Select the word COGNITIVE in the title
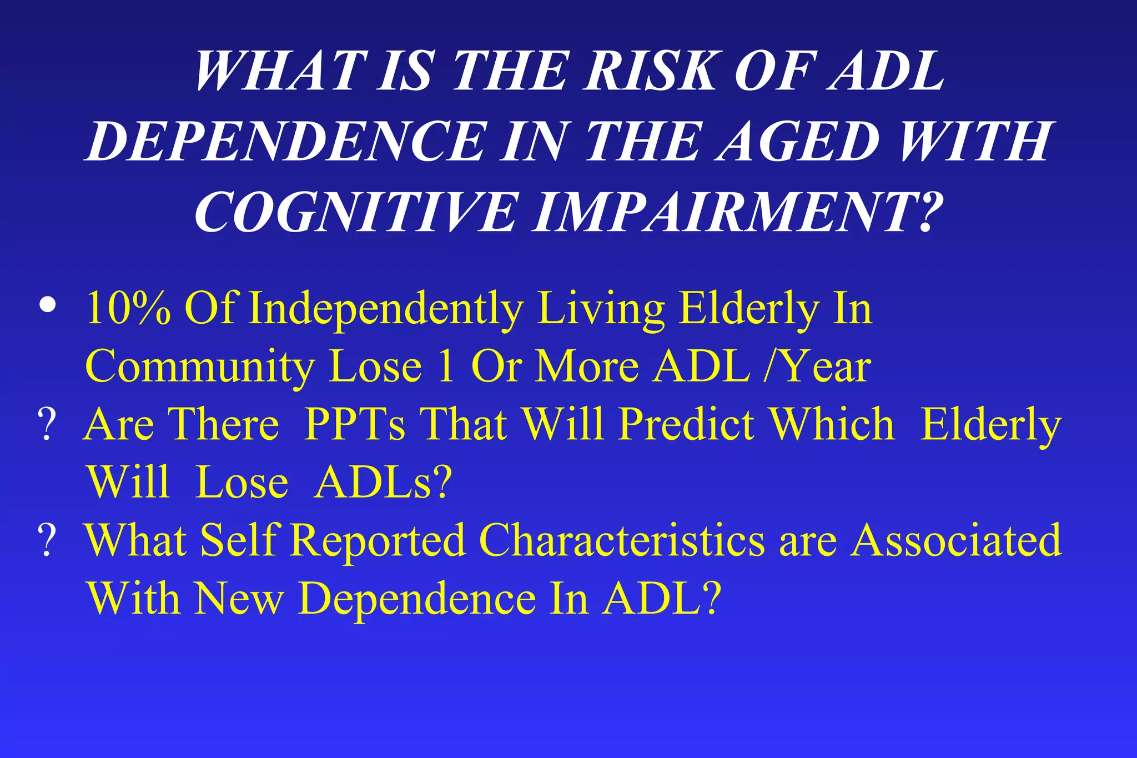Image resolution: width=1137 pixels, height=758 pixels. click(x=355, y=213)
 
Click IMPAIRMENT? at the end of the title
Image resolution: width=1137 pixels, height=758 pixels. click(x=738, y=213)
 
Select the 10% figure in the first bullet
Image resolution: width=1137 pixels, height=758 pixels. click(x=128, y=308)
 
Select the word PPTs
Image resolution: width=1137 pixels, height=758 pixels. click(x=355, y=425)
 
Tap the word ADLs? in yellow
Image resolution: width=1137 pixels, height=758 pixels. click(x=383, y=482)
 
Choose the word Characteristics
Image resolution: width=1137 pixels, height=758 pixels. click(x=622, y=541)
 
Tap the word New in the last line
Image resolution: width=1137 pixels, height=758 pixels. click(x=239, y=599)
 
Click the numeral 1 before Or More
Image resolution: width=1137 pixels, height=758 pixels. click(x=446, y=367)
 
